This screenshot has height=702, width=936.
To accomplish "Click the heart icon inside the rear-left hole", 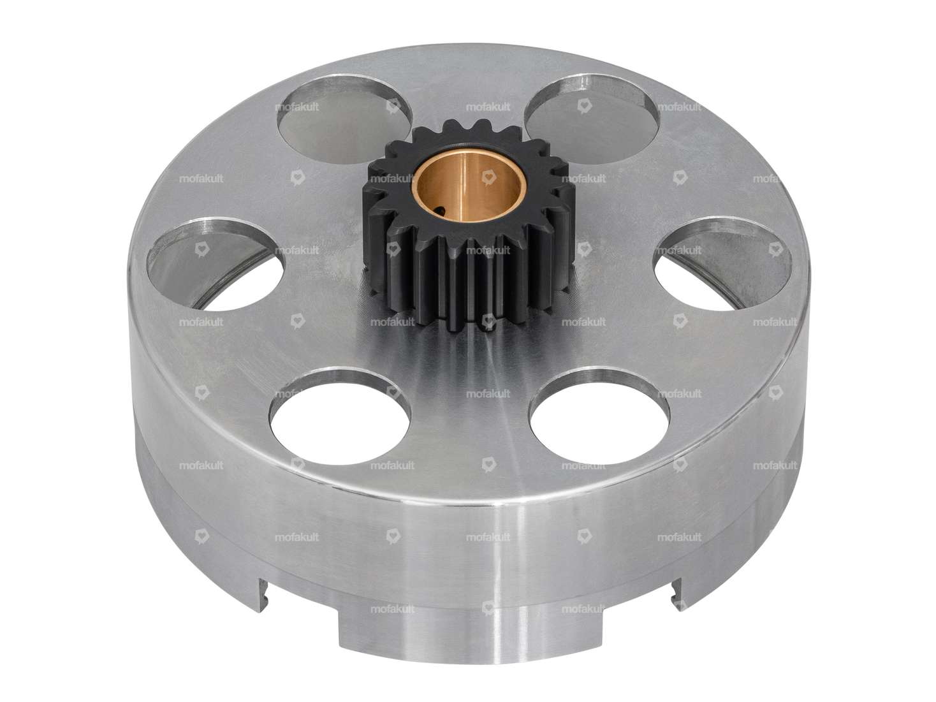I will coord(393,108).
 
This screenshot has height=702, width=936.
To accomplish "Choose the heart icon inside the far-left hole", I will coord(202,251).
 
